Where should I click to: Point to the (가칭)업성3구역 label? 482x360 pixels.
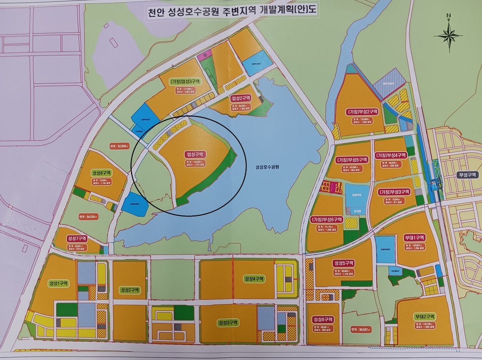(185, 81)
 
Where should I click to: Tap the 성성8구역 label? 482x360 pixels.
(101, 172)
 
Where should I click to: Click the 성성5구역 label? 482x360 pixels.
(343, 263)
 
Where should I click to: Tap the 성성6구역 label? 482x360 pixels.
(322, 319)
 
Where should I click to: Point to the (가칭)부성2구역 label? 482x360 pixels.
(361, 111)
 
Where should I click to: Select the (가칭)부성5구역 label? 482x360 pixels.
(351, 160)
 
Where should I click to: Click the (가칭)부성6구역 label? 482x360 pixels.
(326, 219)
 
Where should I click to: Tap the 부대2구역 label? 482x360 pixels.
(424, 316)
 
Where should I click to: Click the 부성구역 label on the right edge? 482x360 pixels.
(465, 175)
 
